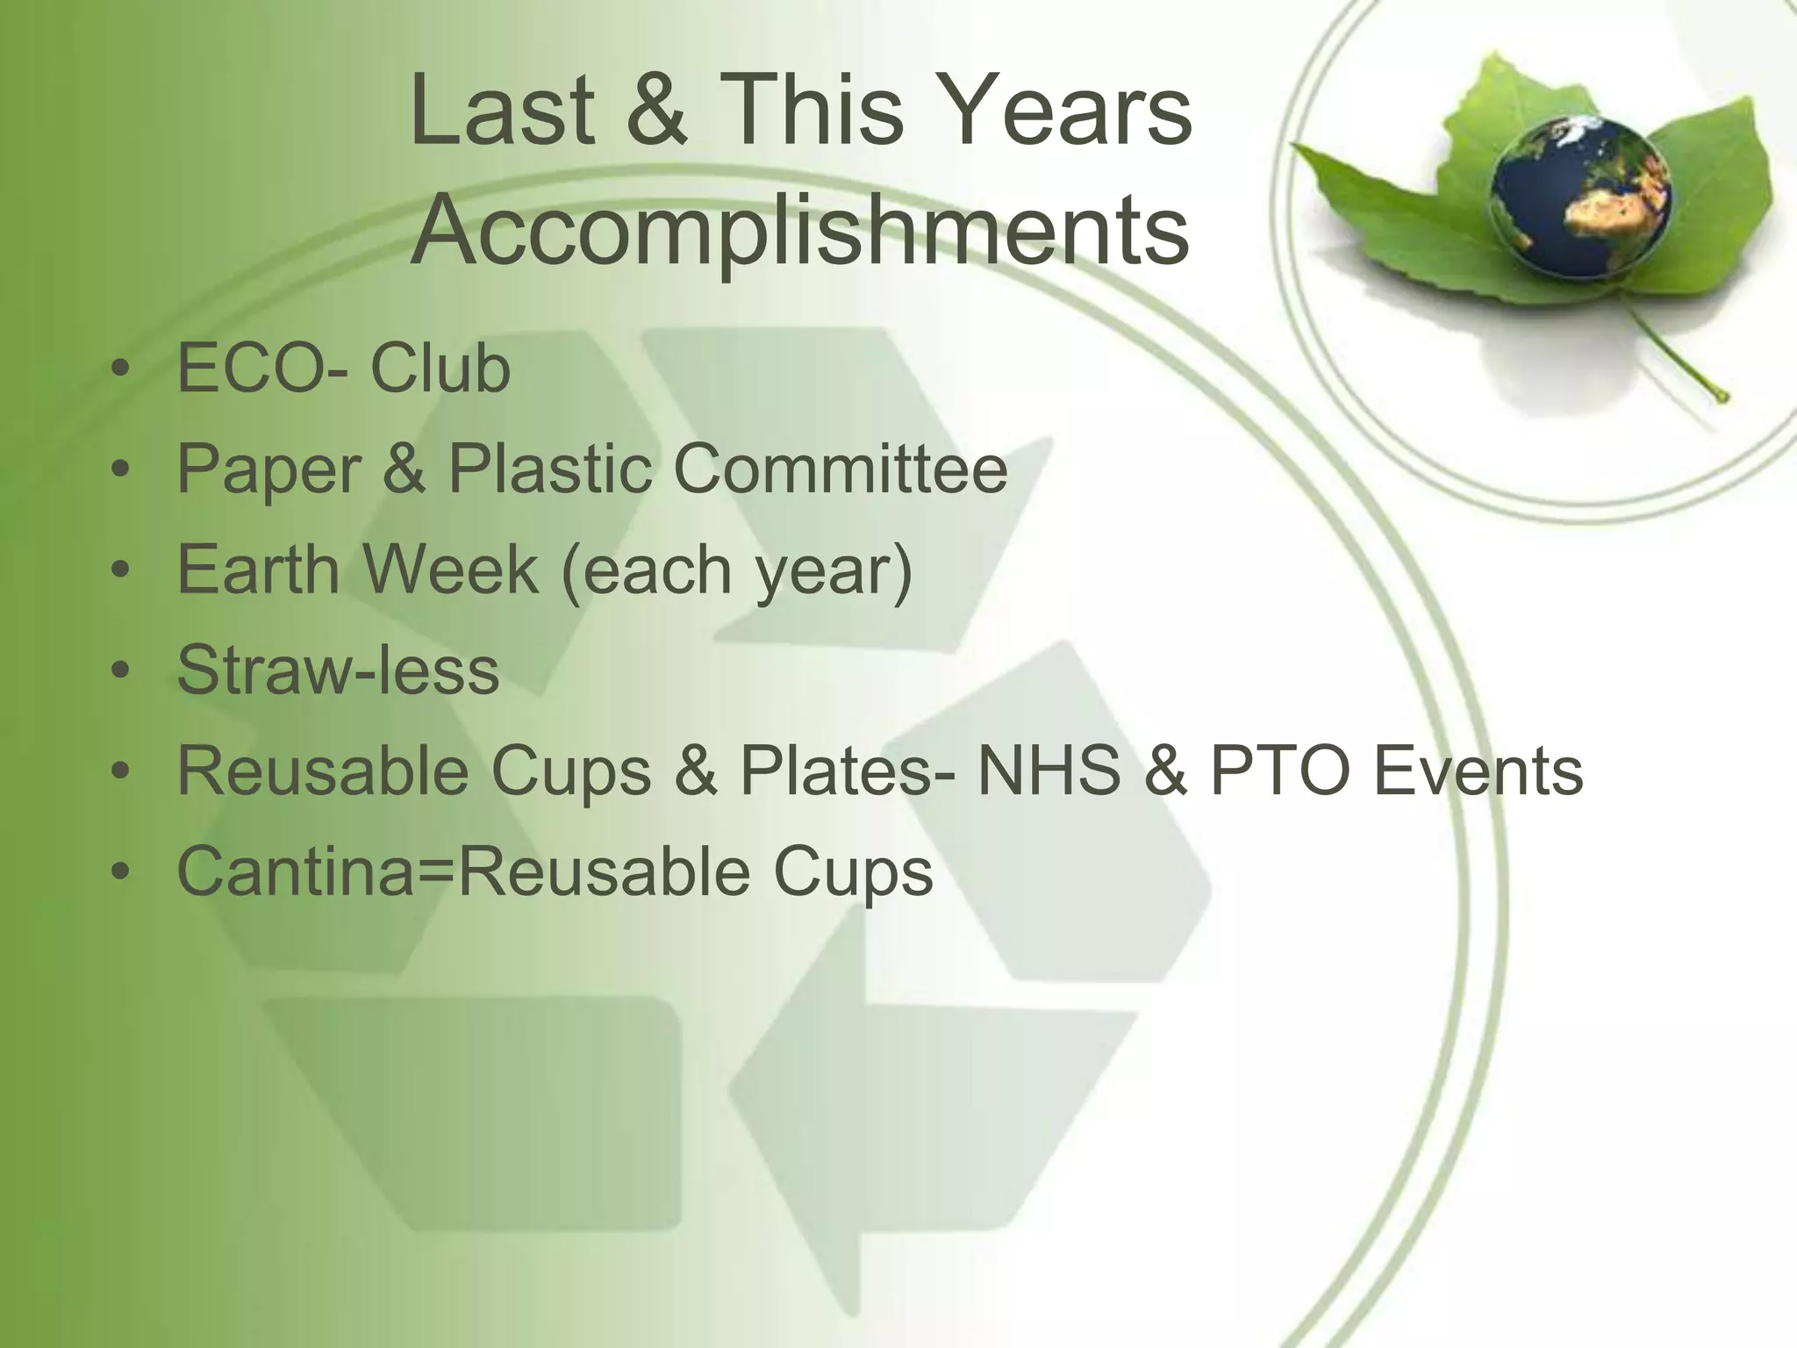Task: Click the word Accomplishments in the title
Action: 799,231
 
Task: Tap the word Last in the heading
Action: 502,111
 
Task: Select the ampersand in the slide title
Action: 657,111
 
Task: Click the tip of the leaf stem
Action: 1722,398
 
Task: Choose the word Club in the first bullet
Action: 440,369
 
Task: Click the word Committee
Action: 840,470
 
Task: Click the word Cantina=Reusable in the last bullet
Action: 464,871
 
